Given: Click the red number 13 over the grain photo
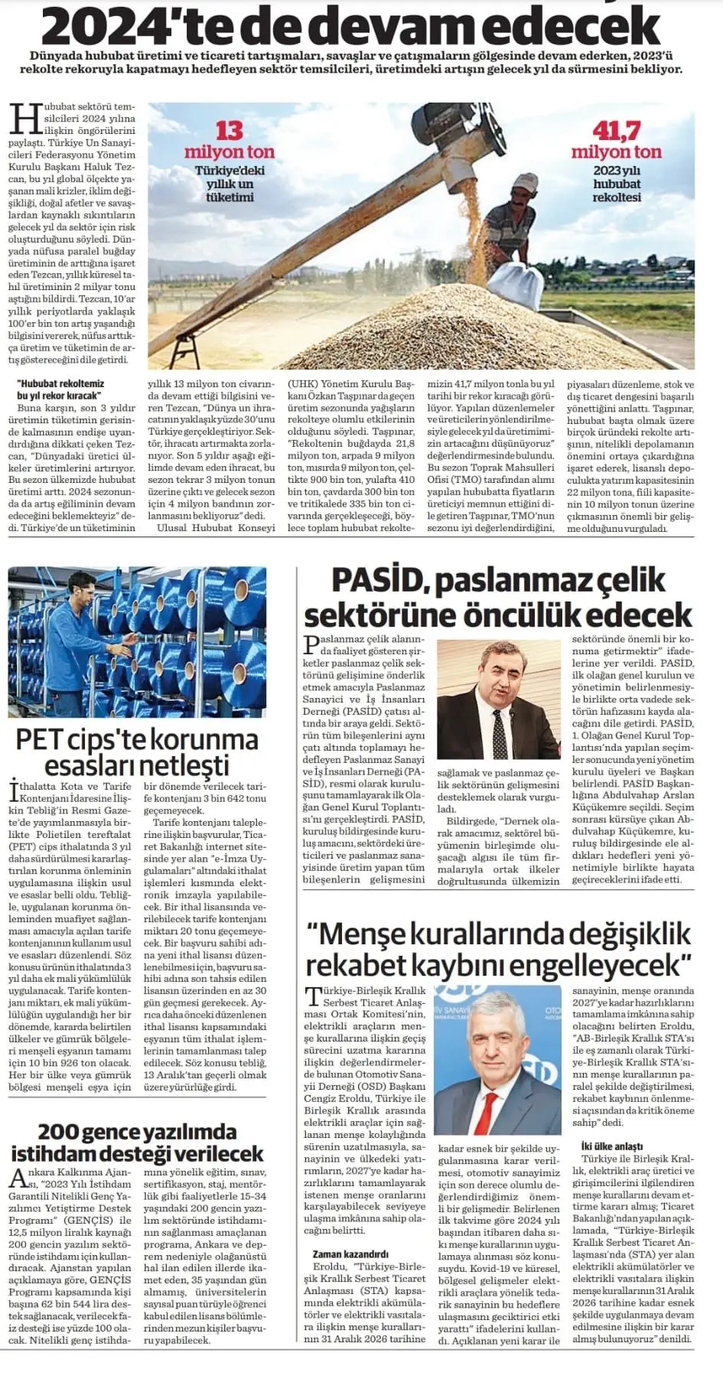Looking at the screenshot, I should click(229, 130).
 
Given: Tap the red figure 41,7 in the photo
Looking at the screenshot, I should click(616, 131).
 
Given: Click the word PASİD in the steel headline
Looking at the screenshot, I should click(378, 580).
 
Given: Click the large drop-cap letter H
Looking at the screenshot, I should click(26, 119).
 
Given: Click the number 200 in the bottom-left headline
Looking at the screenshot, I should click(64, 1132).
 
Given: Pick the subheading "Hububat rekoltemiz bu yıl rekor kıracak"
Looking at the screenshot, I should click(60, 390).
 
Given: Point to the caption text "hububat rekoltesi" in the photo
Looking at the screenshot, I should click(617, 191).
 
